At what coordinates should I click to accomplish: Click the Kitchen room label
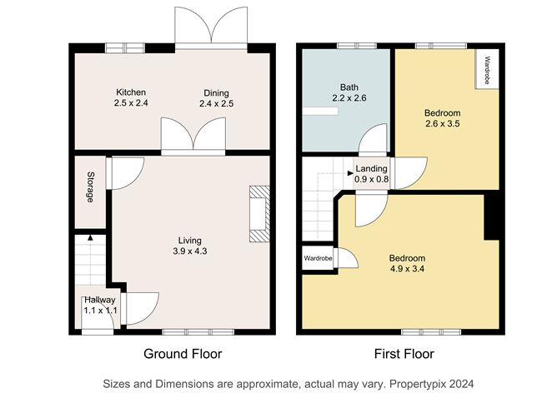(x=131, y=92)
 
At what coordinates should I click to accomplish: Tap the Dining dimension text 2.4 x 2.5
(x=216, y=103)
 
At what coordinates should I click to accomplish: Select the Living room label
(x=189, y=241)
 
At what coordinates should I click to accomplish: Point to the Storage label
(x=91, y=187)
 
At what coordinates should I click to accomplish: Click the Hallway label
(x=100, y=300)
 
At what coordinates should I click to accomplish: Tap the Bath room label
(x=349, y=87)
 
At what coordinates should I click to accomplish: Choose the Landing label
(x=371, y=169)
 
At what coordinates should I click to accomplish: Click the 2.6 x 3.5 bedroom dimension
(x=443, y=124)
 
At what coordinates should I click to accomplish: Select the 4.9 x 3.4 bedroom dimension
(x=407, y=269)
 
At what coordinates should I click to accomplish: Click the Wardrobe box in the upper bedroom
(x=487, y=69)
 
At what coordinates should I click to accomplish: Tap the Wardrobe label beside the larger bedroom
(x=318, y=258)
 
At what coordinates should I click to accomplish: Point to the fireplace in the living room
(x=259, y=214)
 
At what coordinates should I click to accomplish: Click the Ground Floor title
(x=183, y=354)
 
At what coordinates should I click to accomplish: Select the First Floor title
(x=404, y=354)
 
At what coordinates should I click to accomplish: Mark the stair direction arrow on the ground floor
(x=90, y=237)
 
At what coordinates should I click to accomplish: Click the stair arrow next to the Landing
(x=350, y=173)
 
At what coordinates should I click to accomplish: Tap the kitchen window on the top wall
(x=125, y=48)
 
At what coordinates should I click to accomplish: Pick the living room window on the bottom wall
(x=198, y=332)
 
